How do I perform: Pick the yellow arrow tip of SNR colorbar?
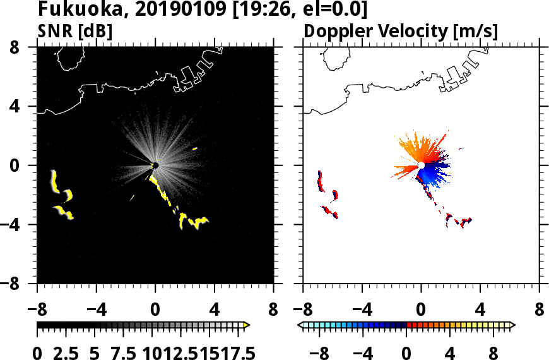pos(247,325)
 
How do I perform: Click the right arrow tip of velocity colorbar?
pos(512,325)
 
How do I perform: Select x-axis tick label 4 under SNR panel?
pos(215,311)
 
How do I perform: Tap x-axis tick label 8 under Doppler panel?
pos(540,311)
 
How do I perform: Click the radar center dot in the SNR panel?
pos(155,165)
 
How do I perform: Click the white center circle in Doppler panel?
pos(421,165)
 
